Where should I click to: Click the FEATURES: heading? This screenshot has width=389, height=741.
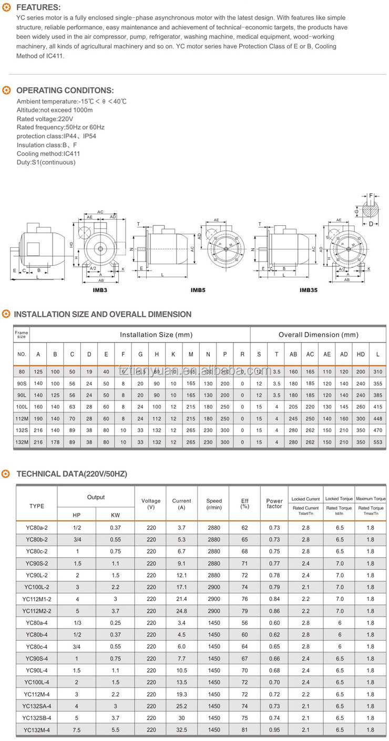click(x=38, y=7)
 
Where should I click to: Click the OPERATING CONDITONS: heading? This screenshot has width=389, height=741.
click(x=65, y=90)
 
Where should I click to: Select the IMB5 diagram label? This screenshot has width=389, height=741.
click(x=198, y=290)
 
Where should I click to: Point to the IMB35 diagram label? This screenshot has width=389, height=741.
click(x=308, y=290)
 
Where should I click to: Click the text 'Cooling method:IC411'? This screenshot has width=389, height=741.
click(x=48, y=154)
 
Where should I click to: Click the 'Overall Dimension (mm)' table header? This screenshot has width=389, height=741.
click(x=318, y=335)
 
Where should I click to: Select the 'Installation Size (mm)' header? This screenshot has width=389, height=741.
click(x=156, y=335)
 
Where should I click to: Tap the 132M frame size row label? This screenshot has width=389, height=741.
click(x=22, y=442)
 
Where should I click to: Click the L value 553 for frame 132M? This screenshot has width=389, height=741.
click(x=377, y=442)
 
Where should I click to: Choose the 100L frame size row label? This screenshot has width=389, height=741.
click(x=22, y=406)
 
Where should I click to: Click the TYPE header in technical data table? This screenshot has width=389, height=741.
click(x=37, y=506)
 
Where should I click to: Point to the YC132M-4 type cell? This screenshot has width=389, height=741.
click(x=37, y=730)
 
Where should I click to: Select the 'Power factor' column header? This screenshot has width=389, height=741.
click(x=274, y=504)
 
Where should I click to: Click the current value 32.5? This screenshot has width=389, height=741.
click(x=181, y=730)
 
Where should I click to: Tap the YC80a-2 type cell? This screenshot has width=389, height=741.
click(x=37, y=527)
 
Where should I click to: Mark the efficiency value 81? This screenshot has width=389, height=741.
click(x=244, y=730)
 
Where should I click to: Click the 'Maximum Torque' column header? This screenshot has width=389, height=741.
click(x=371, y=498)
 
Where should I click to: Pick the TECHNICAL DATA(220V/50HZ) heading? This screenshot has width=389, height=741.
click(x=71, y=474)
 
